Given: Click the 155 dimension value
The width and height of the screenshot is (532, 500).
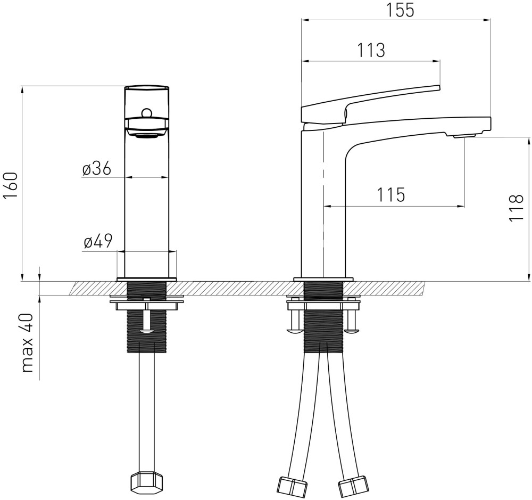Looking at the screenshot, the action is coord(401,10).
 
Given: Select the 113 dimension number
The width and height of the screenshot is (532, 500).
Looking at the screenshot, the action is coord(371,50).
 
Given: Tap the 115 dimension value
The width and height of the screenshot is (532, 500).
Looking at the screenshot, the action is coord(391,195).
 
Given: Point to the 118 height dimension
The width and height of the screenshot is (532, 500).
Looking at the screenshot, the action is coord(517,208).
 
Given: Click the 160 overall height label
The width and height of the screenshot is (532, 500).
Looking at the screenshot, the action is coord(10,186).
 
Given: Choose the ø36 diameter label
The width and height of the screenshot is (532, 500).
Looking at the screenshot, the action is coord(97,168).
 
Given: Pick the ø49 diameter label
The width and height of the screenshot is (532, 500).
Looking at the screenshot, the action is coord(98,242).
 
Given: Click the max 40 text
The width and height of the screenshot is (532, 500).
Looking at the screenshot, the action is coord(27,343).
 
